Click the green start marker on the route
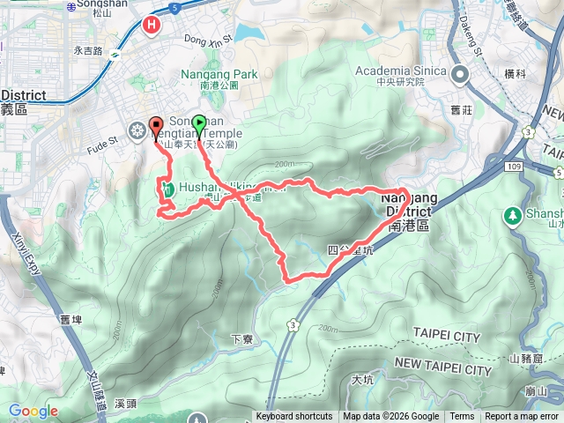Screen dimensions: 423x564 tap(199, 125)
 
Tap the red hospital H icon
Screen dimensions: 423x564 tap(152, 26)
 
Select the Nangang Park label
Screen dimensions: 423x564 tap(220, 75)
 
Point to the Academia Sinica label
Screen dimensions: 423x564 tap(402, 71)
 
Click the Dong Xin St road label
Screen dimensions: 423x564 tap(208, 38)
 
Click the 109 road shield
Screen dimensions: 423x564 tap(539, 167)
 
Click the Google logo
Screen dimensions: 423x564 tap(33, 411)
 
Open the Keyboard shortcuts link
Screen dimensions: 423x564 tap(294, 417)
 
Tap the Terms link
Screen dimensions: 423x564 tap(462, 417)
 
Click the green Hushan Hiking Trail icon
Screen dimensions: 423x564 tap(166, 188)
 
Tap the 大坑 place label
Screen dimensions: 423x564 tap(362, 381)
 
